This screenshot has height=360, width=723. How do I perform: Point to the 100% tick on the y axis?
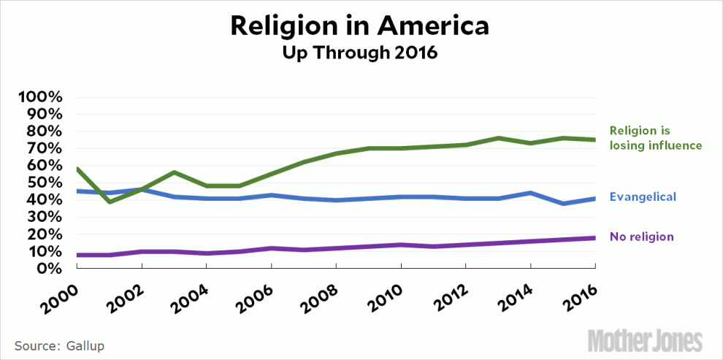[x=45, y=98]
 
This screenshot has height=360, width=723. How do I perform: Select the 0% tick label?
[x=53, y=269]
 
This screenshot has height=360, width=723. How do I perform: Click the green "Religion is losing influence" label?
[x=655, y=139]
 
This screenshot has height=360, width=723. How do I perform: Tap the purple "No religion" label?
[x=642, y=237]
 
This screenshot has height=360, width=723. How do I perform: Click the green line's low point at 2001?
[x=110, y=202]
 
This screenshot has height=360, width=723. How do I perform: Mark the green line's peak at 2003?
[x=175, y=172]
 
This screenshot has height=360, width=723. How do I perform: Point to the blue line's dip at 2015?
[x=563, y=204]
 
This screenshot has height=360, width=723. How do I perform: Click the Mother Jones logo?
[x=646, y=340]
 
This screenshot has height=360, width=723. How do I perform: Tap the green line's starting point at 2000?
[x=77, y=169]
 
